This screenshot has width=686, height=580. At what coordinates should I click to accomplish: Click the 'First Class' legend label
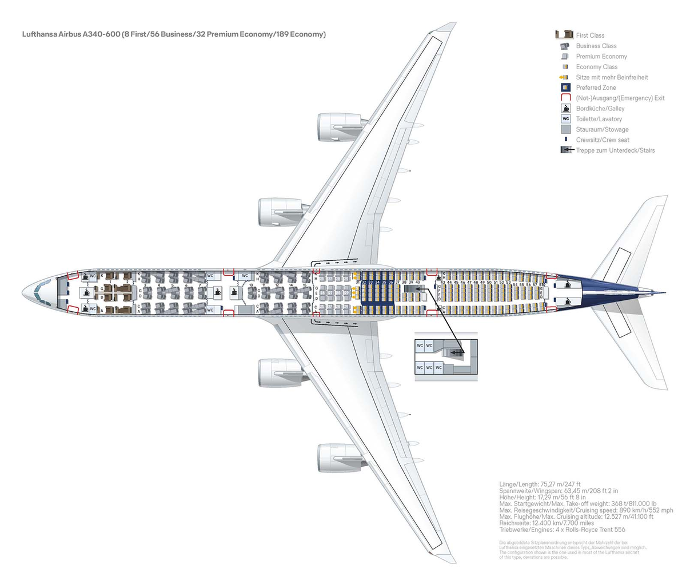(590, 35)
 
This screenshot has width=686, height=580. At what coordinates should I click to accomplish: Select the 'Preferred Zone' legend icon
(565, 88)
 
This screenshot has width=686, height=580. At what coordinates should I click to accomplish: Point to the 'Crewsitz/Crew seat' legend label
(603, 140)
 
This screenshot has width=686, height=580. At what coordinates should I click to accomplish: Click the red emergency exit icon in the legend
(565, 98)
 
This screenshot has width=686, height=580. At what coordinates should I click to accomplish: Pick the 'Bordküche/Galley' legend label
(600, 109)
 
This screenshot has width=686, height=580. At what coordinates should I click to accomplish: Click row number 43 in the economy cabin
(442, 283)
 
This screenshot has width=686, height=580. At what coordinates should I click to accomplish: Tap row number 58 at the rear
(541, 284)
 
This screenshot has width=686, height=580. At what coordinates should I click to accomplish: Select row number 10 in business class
(251, 284)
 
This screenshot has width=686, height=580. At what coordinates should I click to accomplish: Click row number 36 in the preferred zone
(391, 283)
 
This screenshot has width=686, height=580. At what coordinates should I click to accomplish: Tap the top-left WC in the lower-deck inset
(420, 346)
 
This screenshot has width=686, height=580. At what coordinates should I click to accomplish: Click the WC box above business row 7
(210, 275)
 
